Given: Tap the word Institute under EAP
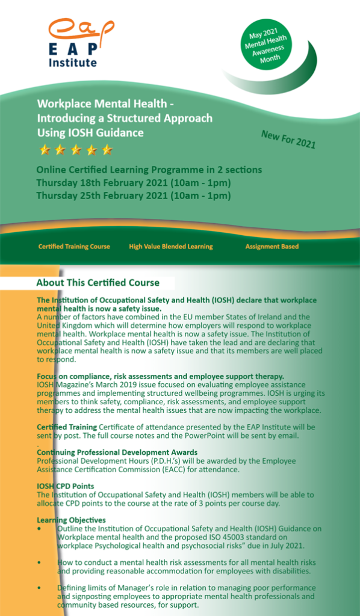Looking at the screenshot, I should (72, 62).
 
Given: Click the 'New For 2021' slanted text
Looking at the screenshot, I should (288, 140).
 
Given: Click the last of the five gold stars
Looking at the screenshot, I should (107, 150).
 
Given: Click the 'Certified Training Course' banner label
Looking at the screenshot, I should (74, 247).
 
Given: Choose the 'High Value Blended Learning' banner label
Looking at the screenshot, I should (170, 247).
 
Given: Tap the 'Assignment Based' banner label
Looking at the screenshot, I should (272, 247).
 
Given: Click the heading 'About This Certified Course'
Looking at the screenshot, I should (98, 283).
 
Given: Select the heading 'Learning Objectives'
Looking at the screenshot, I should (71, 520).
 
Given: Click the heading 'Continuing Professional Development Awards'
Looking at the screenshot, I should (117, 452).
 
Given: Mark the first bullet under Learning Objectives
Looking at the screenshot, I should (39, 529).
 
